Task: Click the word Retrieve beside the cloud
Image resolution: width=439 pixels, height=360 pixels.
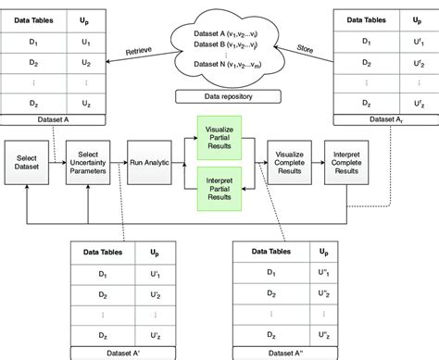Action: pyautogui.click(x=127, y=49)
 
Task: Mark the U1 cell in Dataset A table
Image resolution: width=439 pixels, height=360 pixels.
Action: pyautogui.click(x=86, y=43)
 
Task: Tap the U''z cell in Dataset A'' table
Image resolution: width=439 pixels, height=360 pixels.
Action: pyautogui.click(x=321, y=334)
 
